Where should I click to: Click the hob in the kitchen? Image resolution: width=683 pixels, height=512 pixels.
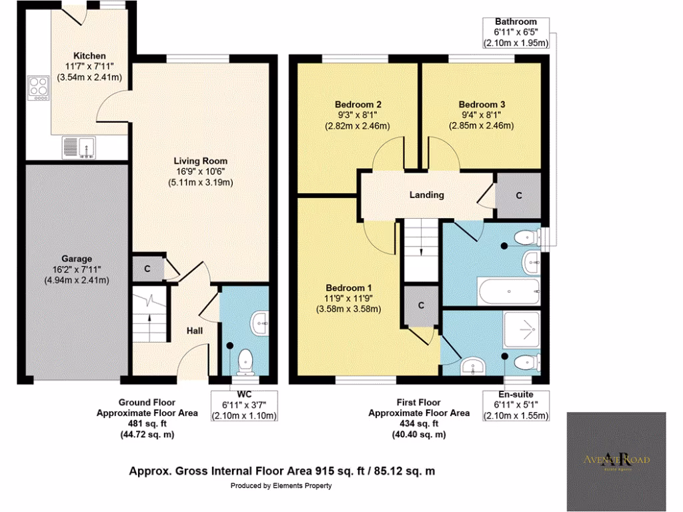(x=38, y=88)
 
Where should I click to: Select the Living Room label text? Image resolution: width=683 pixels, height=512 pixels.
(x=200, y=161)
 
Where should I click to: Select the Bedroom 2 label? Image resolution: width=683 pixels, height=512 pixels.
(x=358, y=105)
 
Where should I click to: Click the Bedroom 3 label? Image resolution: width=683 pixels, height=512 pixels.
(x=482, y=105)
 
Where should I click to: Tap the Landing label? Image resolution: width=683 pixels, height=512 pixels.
(x=427, y=195)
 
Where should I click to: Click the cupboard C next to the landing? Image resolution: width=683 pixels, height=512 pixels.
(x=518, y=195)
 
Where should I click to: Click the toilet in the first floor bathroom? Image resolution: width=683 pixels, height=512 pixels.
(x=528, y=236)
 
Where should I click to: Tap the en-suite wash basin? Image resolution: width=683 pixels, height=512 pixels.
(x=475, y=365)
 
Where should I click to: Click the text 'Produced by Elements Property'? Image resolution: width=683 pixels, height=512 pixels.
(x=281, y=486)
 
